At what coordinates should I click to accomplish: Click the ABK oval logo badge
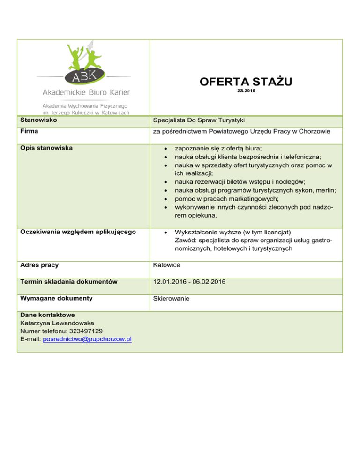[83, 76]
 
